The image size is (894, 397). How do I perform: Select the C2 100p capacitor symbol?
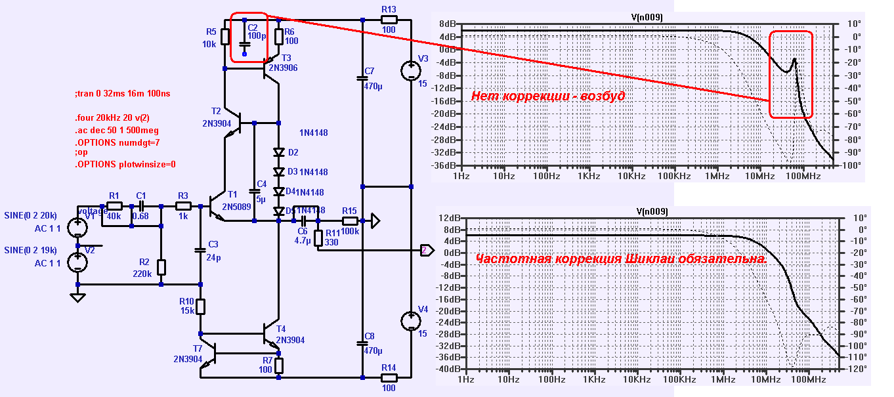244,44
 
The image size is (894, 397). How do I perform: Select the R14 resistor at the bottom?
389,378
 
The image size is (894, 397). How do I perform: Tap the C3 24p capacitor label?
213,250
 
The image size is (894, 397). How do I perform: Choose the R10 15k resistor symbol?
201,306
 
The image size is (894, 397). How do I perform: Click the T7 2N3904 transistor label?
188,353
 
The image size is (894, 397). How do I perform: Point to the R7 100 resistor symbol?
279,365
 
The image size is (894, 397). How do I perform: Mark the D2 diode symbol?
278,152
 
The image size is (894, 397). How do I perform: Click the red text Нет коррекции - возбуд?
547,96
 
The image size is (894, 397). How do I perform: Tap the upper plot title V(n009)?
650,16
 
